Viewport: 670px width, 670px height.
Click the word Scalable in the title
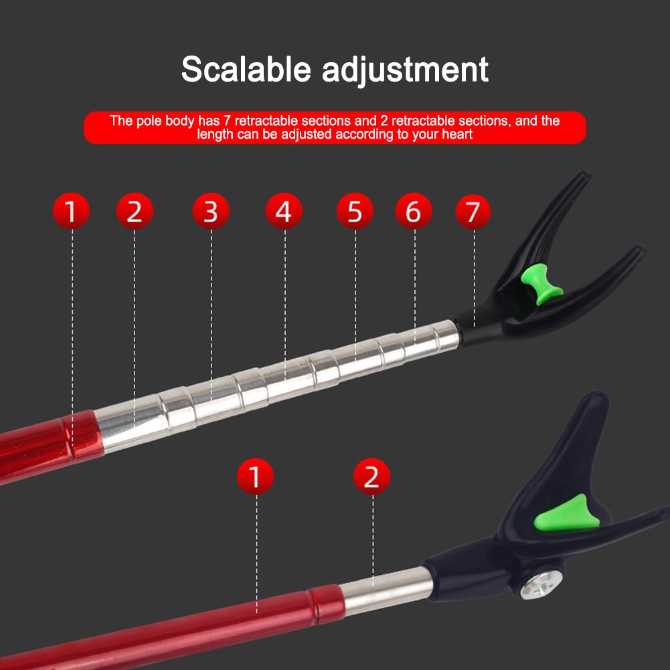coord(246,69)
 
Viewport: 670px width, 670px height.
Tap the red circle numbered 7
coord(473,212)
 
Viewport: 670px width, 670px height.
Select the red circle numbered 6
coord(413,211)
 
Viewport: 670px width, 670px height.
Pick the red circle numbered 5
coord(355,211)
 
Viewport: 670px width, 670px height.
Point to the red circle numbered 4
coord(284,211)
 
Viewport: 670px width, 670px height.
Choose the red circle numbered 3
coord(211,211)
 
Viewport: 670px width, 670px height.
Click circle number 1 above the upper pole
coord(71,211)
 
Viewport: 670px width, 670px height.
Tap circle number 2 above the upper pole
coord(135,211)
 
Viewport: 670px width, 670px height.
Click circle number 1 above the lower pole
coord(256,477)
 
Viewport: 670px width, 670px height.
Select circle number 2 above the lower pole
coord(371,477)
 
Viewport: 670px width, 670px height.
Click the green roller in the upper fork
coord(541,284)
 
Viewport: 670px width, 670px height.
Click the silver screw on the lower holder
coord(541,584)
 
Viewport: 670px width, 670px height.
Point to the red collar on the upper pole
coord(83,434)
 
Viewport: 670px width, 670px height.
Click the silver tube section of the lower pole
coord(387,591)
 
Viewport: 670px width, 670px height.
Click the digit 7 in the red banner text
coord(227,121)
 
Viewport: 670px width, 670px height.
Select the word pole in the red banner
coord(149,122)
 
